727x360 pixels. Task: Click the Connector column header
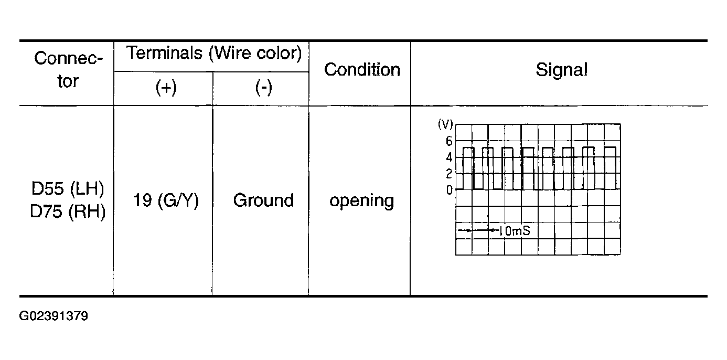pos(68,69)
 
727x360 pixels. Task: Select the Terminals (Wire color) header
pos(214,53)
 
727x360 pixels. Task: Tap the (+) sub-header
pos(166,88)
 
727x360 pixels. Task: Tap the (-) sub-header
pos(263,88)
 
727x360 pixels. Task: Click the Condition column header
pos(362,70)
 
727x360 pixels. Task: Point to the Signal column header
pos(561,70)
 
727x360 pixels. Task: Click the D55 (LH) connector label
pos(68,188)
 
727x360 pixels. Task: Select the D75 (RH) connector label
pos(68,211)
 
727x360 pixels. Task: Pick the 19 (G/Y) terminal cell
pos(166,200)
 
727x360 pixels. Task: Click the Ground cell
pos(263,200)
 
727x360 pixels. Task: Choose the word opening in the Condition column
pos(361,202)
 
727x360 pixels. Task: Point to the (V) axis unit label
pos(445,124)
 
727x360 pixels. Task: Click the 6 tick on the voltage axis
pos(449,141)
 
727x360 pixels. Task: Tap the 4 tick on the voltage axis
pos(449,157)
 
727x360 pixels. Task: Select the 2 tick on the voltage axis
pos(449,174)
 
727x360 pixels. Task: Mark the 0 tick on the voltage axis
pos(449,190)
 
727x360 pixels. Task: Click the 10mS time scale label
pos(515,231)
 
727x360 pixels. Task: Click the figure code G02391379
pos(54,316)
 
